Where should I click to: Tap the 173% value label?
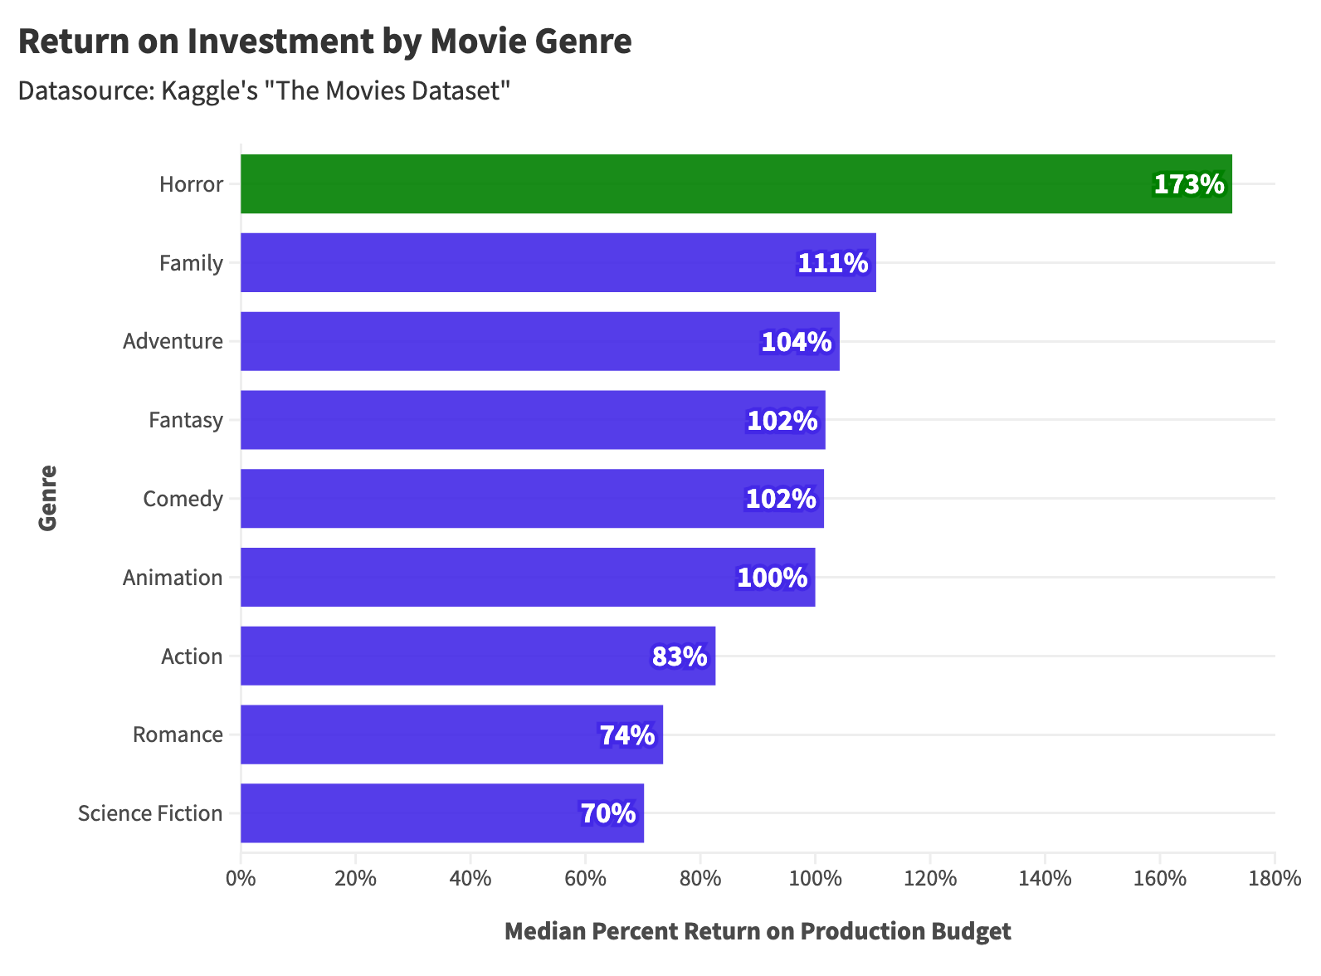pos(1188,184)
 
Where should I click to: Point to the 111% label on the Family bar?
pos(832,263)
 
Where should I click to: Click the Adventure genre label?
pos(173,341)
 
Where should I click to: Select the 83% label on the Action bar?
pos(680,656)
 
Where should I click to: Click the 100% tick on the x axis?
pos(815,878)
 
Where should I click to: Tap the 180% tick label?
pos(1274,878)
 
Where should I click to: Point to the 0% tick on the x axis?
pos(241,878)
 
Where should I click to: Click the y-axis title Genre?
pos(48,498)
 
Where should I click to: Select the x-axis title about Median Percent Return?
pos(758,931)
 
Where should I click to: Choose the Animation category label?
pos(173,578)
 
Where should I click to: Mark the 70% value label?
pos(607,813)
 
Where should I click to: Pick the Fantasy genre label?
pos(186,420)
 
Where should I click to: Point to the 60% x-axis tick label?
pos(585,878)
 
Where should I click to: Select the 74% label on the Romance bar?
pos(627,735)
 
